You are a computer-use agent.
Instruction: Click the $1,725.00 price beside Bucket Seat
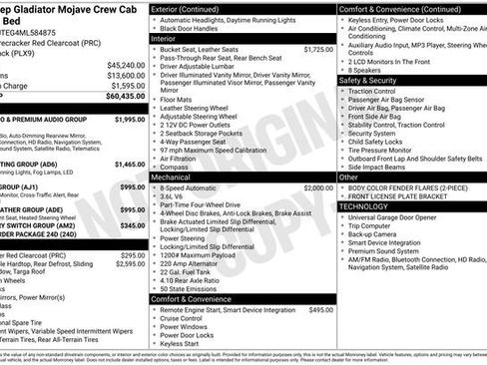click(318, 49)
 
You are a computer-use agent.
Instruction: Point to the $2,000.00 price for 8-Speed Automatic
click(318, 187)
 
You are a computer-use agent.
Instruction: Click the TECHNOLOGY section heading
click(368, 205)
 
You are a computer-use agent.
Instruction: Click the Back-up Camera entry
click(377, 232)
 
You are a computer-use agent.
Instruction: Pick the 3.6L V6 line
click(175, 196)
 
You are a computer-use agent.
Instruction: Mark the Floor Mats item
click(180, 99)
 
